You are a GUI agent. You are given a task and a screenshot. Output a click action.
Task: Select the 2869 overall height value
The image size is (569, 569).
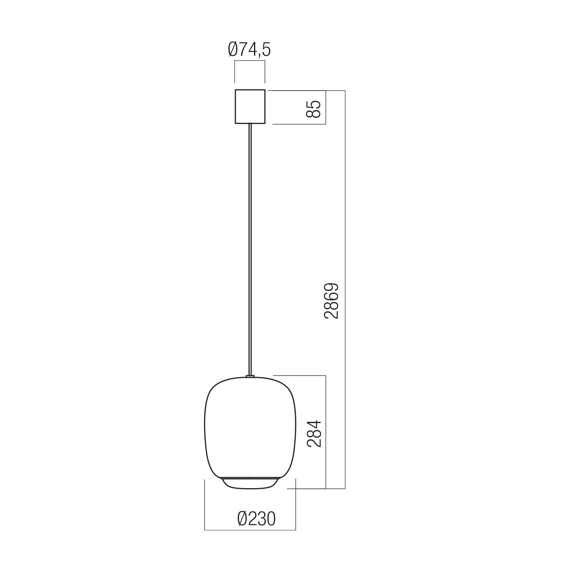[x=331, y=301]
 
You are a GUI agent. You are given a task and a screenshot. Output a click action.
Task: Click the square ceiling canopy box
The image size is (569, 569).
[x=250, y=106]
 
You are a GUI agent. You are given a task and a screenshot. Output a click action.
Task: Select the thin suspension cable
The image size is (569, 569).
[x=250, y=250]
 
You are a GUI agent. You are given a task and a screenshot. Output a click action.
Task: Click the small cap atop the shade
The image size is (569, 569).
[x=250, y=376]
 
